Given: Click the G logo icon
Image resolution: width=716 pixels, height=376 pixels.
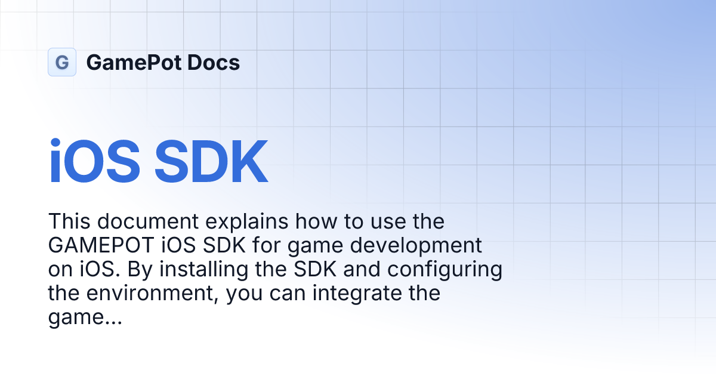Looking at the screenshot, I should (62, 62).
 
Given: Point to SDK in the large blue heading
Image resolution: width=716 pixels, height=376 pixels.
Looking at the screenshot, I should (211, 163).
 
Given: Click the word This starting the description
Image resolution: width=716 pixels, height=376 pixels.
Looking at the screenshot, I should (70, 221).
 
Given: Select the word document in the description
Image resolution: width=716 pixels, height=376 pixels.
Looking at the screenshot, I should (149, 221).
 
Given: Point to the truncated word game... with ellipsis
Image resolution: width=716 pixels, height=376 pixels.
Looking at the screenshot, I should (85, 318).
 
